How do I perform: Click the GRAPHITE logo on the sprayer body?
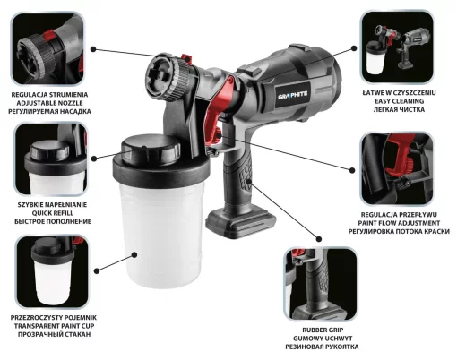coord(292,97)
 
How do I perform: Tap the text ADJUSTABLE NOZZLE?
coord(49,103)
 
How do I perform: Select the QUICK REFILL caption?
coord(53,213)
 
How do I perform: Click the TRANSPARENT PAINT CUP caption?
coord(54,326)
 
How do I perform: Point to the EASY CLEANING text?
coord(400,101)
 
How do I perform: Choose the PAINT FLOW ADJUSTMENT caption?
coord(399,223)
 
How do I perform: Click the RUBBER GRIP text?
coord(318,330)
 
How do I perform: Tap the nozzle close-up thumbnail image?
coord(47,48)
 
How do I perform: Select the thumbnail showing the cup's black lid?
coord(51,159)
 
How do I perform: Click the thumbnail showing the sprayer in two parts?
coord(397,47)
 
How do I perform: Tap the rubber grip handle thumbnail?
coord(321,284)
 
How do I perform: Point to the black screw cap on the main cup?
coord(151,150)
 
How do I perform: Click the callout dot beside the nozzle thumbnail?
coord(93,49)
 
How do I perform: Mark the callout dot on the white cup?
coord(134,255)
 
